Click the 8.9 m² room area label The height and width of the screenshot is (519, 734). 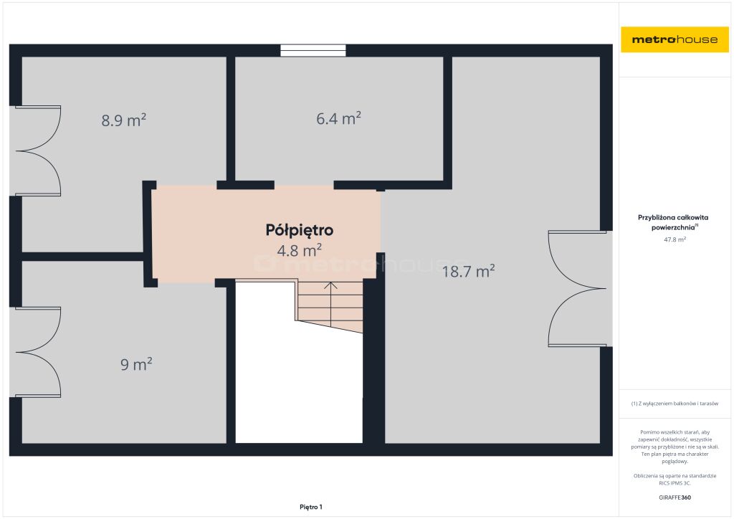(123, 120)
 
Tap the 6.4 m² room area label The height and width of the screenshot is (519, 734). (338, 118)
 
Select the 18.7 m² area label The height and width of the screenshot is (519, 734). (469, 271)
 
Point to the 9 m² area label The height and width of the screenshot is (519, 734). (136, 364)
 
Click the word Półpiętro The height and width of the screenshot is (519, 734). (300, 230)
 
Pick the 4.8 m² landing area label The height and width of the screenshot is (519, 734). (299, 250)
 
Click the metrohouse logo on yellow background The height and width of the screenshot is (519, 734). (675, 39)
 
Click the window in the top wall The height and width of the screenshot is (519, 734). (313, 50)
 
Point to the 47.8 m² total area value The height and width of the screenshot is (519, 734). (675, 239)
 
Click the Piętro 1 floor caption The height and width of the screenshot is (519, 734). (311, 507)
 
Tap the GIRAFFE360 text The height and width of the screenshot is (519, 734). (675, 497)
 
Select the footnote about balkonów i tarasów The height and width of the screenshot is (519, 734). (675, 404)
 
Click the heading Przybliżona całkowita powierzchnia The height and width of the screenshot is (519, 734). (673, 222)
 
